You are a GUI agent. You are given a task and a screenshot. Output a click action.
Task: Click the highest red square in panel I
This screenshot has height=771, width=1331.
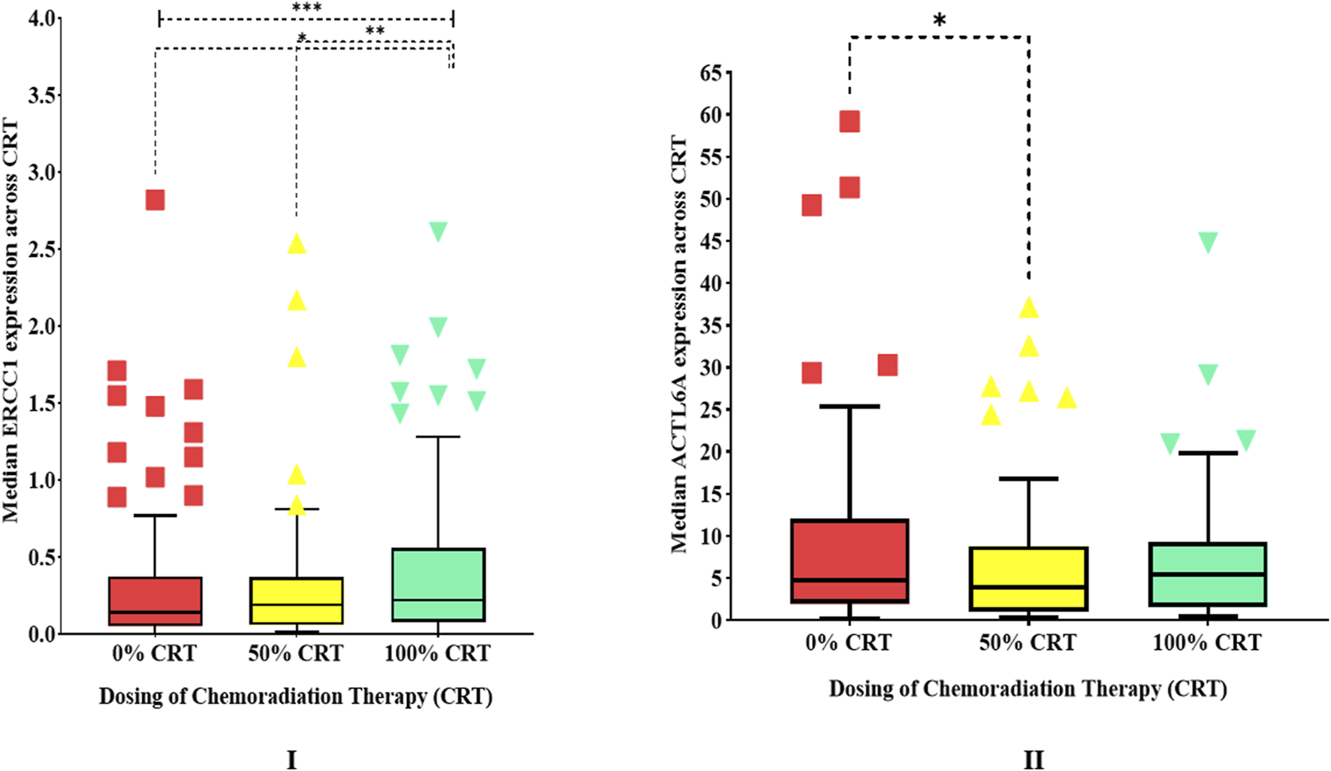point(155,200)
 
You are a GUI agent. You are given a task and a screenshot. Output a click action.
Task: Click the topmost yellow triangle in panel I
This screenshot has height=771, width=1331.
point(297,243)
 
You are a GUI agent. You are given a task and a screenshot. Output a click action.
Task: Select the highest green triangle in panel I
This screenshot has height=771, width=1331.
point(438,231)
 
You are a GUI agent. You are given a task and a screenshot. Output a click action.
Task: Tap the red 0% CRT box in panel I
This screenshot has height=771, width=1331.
point(155,600)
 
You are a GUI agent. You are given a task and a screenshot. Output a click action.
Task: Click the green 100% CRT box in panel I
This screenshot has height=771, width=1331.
point(438,585)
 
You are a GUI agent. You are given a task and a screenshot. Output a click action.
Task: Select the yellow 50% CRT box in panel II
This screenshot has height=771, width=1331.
point(1028,578)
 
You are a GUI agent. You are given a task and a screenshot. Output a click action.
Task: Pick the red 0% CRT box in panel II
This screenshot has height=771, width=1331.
point(850,561)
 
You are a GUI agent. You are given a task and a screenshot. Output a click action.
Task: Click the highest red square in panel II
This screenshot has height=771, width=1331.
point(850,122)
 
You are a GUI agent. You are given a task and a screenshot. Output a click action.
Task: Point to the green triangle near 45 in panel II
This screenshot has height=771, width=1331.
point(1208,242)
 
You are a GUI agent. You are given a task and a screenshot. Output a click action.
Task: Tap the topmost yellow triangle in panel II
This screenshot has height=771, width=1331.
point(1028,307)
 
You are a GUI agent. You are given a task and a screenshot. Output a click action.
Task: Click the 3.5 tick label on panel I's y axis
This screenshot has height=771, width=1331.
point(44,95)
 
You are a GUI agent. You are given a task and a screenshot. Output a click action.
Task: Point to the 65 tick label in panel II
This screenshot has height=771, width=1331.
point(711,73)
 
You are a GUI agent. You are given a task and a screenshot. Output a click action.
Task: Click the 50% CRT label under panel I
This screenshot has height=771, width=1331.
point(296,654)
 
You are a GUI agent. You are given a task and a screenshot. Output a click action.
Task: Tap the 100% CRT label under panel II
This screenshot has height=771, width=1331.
point(1207,643)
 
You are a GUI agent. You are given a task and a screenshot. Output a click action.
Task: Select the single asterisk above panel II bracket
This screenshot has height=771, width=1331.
point(939,21)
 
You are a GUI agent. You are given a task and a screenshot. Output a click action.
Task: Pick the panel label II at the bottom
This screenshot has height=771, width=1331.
point(1034,760)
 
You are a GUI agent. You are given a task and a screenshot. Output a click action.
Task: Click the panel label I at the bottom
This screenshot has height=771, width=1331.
point(292,760)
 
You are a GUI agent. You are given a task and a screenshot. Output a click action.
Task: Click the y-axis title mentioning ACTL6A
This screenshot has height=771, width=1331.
point(679,344)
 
